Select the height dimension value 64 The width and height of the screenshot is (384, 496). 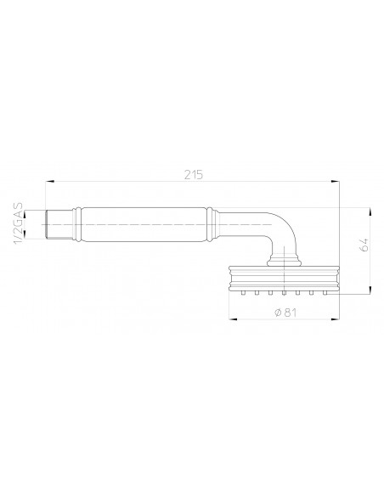point(363,247)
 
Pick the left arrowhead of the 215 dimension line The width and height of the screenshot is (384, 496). point(49,180)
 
